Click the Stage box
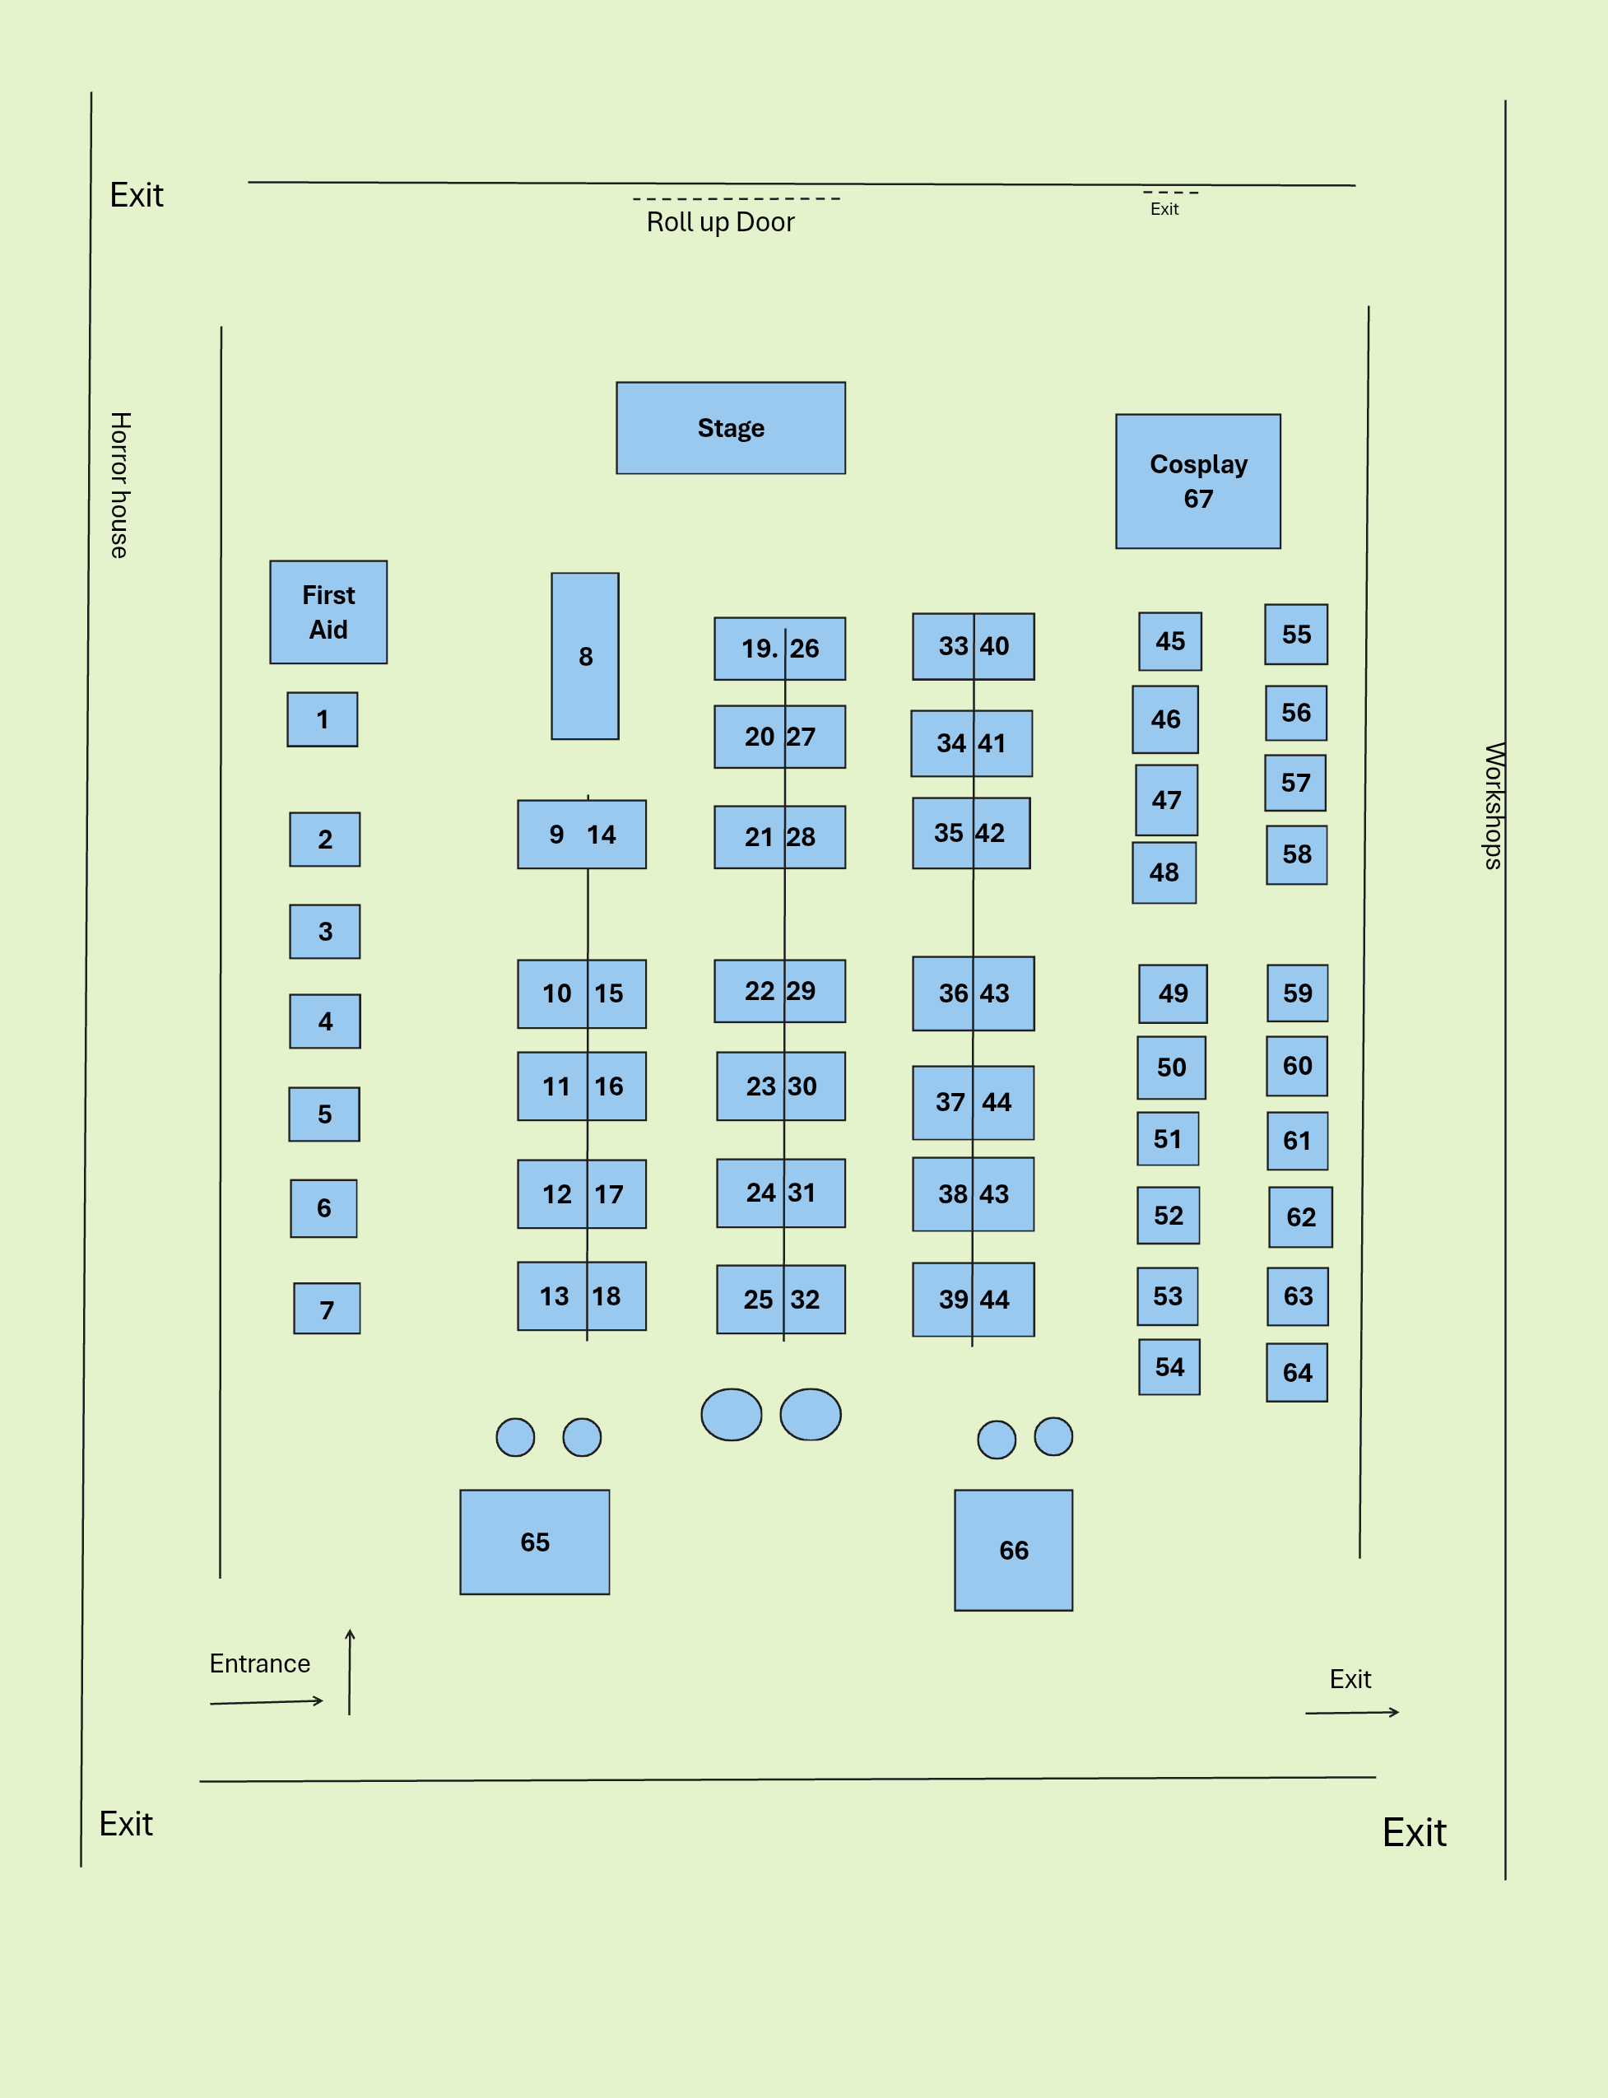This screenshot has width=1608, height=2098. point(730,428)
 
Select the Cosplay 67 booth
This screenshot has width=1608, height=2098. point(1197,481)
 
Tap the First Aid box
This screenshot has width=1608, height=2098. point(328,612)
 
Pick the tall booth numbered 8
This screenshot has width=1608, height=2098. point(585,656)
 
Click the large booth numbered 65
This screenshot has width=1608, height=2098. point(534,1542)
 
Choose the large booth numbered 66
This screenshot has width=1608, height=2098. point(1014,1550)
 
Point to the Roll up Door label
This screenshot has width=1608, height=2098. point(720,222)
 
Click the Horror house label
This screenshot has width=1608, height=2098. point(119,486)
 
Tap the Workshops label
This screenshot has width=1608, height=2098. point(1493,806)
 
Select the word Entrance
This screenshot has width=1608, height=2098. point(259,1663)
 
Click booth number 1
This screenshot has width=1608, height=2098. point(323,719)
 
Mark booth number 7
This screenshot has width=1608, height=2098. point(328,1309)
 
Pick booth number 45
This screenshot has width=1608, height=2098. point(1169,641)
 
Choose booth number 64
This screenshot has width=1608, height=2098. point(1297,1373)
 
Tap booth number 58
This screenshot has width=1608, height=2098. point(1297,854)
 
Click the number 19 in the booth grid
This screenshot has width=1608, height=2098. point(756,649)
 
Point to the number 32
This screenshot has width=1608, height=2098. point(805,1300)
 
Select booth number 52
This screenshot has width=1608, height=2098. point(1168,1216)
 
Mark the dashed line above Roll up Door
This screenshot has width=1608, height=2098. point(737,199)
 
